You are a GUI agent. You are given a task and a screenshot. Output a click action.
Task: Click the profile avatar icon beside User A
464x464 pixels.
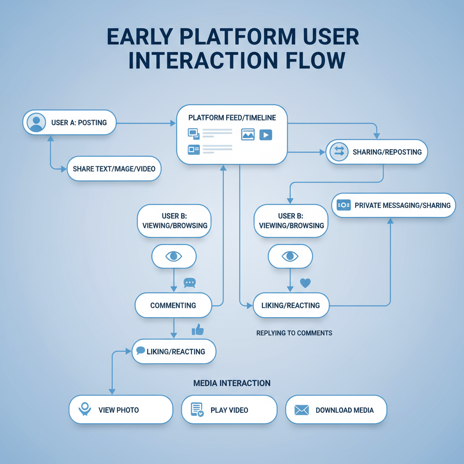tap(36, 122)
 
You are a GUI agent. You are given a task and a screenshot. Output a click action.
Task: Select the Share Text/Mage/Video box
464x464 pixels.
tap(114, 169)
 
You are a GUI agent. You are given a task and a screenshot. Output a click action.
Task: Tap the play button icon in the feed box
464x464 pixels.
tap(266, 135)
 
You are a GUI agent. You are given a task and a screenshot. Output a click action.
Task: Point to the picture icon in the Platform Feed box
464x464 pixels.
tap(248, 135)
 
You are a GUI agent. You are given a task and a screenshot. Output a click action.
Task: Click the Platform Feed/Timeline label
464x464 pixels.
tap(232, 118)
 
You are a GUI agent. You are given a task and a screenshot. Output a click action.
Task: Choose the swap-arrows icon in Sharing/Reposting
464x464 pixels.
tap(338, 152)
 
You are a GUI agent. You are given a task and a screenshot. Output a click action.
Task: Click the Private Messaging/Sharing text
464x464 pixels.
tap(402, 205)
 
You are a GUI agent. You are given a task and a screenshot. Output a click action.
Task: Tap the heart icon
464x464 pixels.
tap(305, 283)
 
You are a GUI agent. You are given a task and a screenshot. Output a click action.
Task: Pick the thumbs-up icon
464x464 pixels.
tap(198, 330)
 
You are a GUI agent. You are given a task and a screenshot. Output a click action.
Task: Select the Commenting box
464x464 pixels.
tap(173, 305)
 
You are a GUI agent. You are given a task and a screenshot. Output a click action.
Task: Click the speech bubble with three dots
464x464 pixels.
tap(189, 283)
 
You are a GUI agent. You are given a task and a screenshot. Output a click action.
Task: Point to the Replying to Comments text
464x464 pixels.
tap(294, 333)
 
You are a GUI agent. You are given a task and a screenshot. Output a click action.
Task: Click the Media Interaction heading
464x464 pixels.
tap(232, 383)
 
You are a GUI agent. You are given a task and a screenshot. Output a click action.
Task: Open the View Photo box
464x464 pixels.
tap(121, 410)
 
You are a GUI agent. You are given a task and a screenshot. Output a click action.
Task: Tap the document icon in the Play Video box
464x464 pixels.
tap(197, 410)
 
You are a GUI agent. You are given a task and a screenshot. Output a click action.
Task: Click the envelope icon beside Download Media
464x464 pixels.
tap(301, 410)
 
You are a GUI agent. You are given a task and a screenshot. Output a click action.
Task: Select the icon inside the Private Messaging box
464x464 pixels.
tap(344, 205)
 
